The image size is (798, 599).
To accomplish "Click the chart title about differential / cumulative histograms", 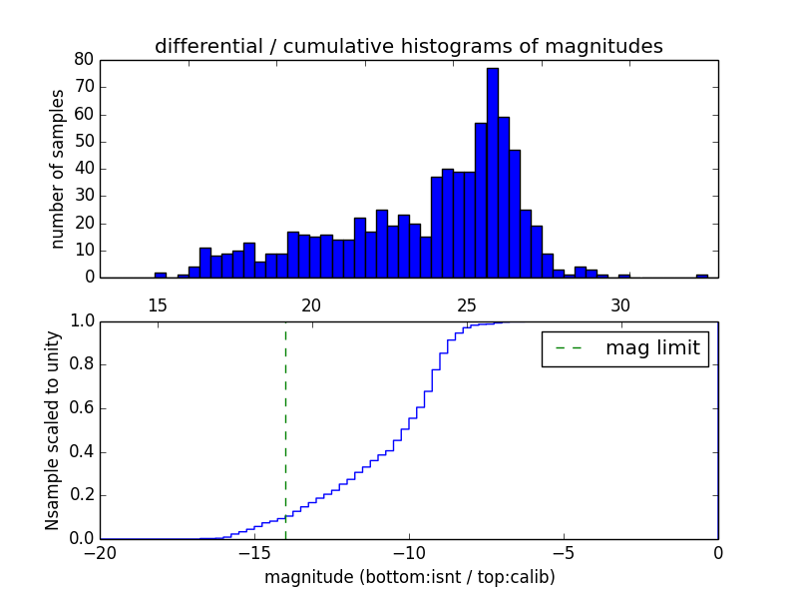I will pyautogui.click(x=409, y=46).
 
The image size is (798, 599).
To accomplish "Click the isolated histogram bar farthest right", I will pyautogui.click(x=702, y=276).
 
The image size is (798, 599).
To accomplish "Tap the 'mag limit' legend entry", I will pyautogui.click(x=625, y=348).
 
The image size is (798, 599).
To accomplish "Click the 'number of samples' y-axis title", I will pyautogui.click(x=58, y=169).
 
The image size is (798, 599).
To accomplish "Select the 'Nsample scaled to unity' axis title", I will pyautogui.click(x=53, y=430).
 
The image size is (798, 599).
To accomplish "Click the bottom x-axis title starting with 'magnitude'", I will pyautogui.click(x=409, y=577).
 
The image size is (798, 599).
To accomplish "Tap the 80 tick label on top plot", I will pyautogui.click(x=84, y=59).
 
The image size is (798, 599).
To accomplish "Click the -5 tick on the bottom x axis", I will pyautogui.click(x=564, y=552).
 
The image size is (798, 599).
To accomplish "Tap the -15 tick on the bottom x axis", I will pyautogui.click(x=254, y=552).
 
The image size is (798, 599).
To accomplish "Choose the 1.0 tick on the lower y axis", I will pyautogui.click(x=81, y=321).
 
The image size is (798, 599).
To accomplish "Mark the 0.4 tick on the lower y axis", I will pyautogui.click(x=81, y=451).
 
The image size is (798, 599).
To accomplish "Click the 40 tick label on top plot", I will pyautogui.click(x=84, y=168).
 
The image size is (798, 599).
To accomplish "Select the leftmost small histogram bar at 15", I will pyautogui.click(x=160, y=275).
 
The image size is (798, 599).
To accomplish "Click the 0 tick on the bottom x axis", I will pyautogui.click(x=718, y=552).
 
